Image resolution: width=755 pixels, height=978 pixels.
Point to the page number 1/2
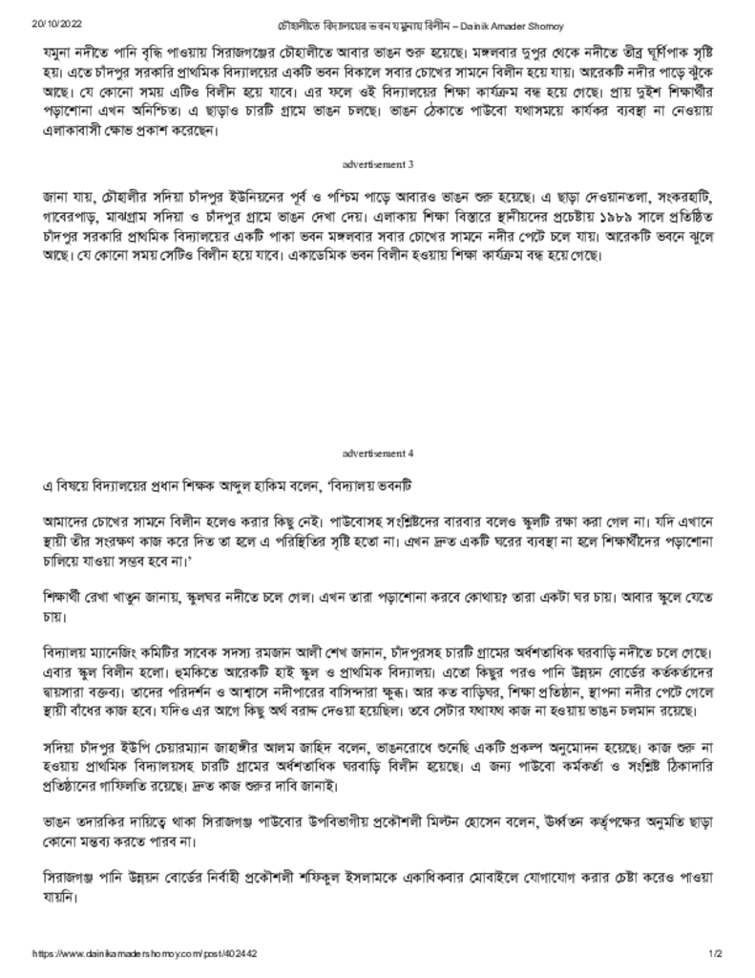click(715, 953)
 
